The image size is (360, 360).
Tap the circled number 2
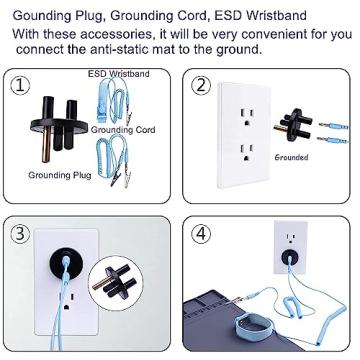(203, 86)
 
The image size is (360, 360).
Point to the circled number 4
(203, 236)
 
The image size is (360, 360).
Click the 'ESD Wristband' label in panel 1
(118, 73)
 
